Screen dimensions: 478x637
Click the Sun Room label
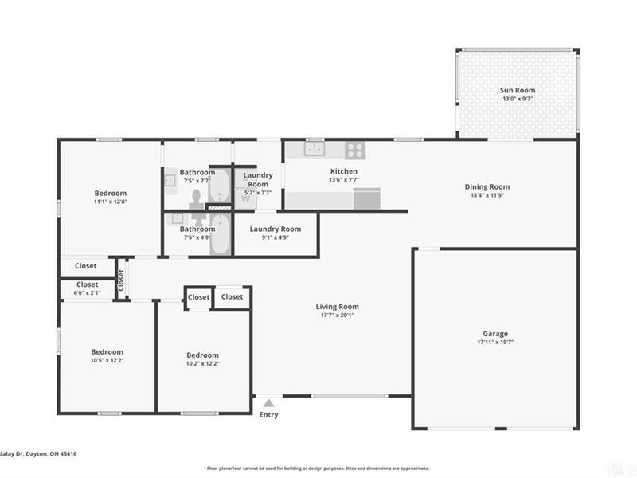coord(517,90)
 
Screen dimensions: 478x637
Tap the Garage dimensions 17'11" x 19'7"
coord(494,343)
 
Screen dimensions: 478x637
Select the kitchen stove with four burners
coord(354,148)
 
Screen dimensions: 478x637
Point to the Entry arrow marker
coord(269,403)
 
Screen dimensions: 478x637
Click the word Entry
coord(269,414)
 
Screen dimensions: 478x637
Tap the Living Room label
coord(337,306)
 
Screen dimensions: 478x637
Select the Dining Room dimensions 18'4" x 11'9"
coord(487,195)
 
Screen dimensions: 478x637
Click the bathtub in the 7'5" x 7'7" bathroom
coord(221,186)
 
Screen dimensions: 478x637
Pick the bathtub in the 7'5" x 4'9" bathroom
coord(221,234)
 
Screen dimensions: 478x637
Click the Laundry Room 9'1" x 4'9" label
coord(275,229)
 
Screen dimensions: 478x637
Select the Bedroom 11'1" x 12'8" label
coord(110,193)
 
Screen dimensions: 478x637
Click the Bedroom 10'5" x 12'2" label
coord(107,351)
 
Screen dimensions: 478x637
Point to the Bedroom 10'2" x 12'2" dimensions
coord(202,363)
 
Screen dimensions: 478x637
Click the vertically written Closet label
coord(121,279)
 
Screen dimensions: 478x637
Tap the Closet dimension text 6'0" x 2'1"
coord(88,293)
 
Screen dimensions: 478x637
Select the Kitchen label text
coord(344,171)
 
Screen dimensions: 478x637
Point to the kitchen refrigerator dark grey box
coord(367,198)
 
